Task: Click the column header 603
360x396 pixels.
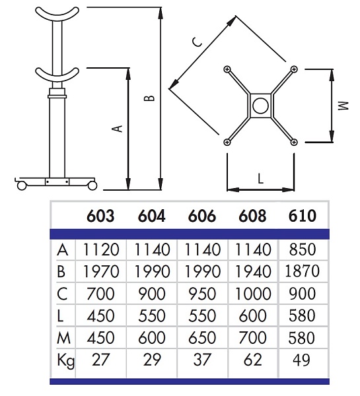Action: (x=100, y=216)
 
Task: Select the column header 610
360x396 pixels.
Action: (x=303, y=216)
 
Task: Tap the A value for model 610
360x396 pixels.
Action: (x=303, y=249)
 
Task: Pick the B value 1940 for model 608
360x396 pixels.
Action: (x=253, y=272)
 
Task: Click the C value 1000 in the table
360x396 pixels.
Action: (x=253, y=294)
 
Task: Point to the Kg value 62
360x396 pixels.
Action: (x=253, y=360)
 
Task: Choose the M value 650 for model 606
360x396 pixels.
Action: (x=202, y=338)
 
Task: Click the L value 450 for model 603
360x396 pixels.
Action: (x=100, y=315)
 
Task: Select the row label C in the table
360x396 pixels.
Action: (x=62, y=294)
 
